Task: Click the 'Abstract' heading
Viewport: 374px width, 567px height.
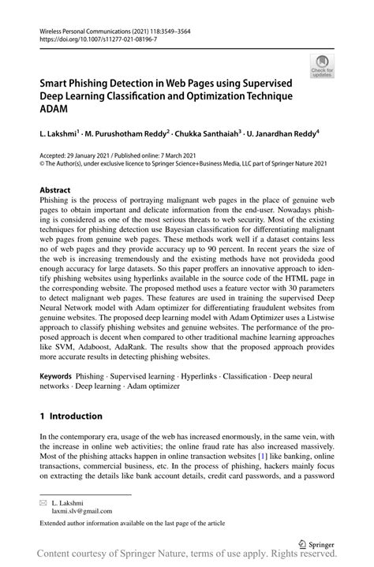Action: pos(58,190)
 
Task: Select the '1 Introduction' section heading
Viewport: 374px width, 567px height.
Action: pos(72,416)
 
